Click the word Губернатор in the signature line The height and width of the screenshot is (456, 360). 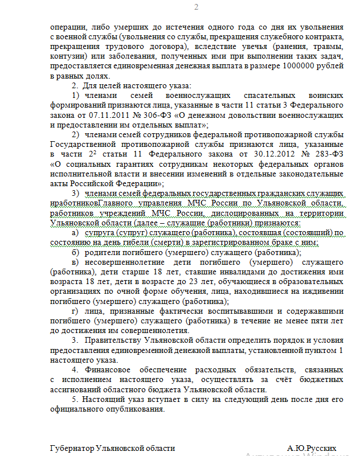pos(72,448)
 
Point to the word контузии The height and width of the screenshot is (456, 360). pos(68,57)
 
